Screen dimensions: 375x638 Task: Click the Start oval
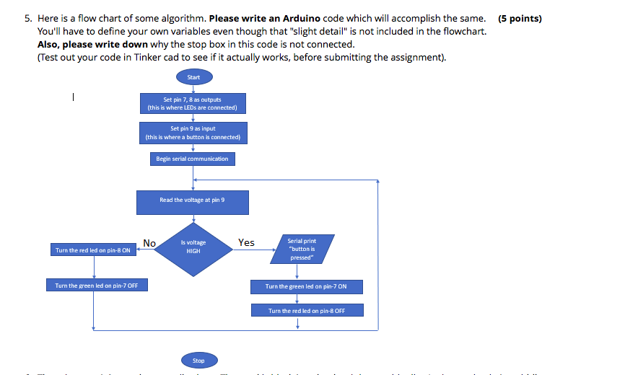click(x=193, y=77)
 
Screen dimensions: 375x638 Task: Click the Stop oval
click(x=198, y=360)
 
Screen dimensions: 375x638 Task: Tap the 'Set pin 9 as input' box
click(x=193, y=133)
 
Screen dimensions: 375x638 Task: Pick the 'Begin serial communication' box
click(x=192, y=159)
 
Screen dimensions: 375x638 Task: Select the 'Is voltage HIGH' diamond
click(x=193, y=247)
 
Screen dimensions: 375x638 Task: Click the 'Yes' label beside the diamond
click(x=246, y=243)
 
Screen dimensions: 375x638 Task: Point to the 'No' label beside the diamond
click(x=149, y=244)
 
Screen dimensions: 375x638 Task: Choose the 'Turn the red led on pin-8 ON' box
click(x=93, y=250)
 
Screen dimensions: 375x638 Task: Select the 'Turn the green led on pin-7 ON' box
click(x=306, y=286)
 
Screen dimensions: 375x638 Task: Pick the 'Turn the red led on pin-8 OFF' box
click(x=307, y=311)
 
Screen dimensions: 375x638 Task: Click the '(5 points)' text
click(x=520, y=19)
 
